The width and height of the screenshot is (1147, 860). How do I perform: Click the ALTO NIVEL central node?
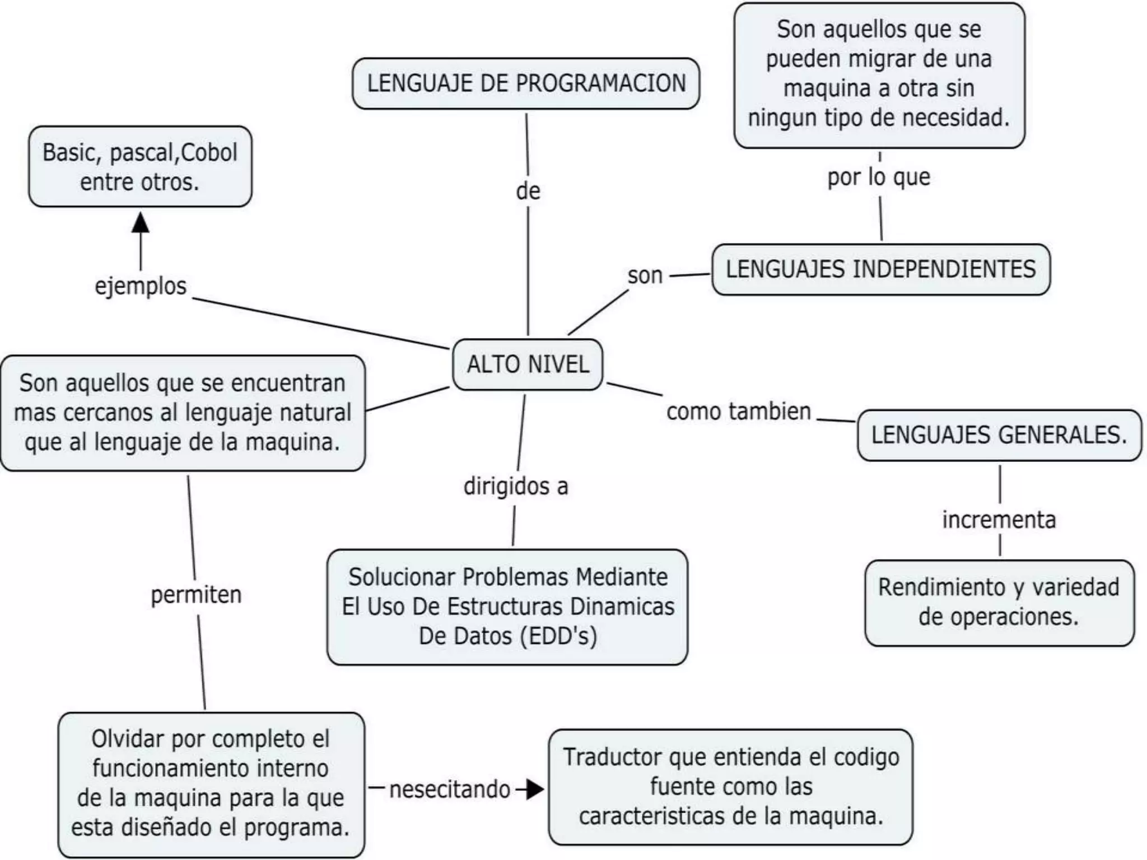(x=528, y=364)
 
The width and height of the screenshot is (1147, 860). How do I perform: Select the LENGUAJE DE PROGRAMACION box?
(x=526, y=83)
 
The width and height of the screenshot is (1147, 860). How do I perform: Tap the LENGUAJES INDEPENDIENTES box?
(x=880, y=269)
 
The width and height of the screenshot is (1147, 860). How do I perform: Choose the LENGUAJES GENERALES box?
(x=999, y=435)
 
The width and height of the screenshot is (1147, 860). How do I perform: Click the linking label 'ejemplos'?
(x=141, y=286)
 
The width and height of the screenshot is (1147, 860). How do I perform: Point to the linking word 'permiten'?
(x=196, y=595)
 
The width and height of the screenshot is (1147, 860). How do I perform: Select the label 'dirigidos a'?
(x=516, y=486)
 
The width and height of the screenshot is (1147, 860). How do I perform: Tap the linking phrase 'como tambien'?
(x=738, y=412)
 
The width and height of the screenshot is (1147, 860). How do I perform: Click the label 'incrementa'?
(x=999, y=520)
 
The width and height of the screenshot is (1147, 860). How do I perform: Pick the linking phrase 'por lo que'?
(x=879, y=177)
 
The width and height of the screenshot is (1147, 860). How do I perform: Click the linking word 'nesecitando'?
(x=450, y=789)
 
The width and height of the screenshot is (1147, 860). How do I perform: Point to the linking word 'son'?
(x=645, y=275)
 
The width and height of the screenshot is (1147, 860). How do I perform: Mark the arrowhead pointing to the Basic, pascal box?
(x=141, y=222)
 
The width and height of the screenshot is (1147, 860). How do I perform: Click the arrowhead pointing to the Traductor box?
(x=535, y=789)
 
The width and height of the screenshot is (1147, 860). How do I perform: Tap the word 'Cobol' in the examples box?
(x=209, y=152)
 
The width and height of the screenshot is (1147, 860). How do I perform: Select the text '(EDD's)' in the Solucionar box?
(x=558, y=636)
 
